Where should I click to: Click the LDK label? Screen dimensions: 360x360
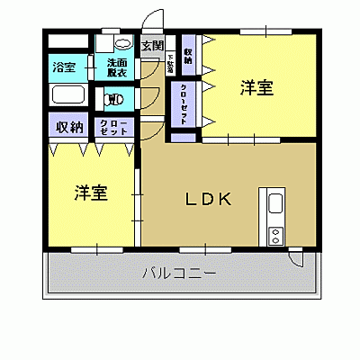coord(210,200)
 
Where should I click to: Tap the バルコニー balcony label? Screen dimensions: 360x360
coord(178,273)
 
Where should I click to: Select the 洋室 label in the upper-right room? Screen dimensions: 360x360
coord(256,88)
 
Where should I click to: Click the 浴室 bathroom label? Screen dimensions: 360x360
coord(64,67)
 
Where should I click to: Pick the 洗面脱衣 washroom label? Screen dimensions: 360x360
coord(117,67)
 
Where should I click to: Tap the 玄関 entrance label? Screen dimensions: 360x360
coord(152,46)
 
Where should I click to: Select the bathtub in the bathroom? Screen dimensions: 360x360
coord(67,95)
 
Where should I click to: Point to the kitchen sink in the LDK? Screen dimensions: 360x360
coord(274,203)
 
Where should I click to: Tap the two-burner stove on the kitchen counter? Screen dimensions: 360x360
coord(275,233)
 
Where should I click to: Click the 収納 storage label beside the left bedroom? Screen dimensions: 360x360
coord(69,127)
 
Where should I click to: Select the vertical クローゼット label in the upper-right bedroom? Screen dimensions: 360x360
coord(183,106)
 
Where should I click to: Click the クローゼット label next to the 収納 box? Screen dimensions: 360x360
coord(113,127)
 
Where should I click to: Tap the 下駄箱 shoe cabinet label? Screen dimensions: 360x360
coord(169,64)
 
